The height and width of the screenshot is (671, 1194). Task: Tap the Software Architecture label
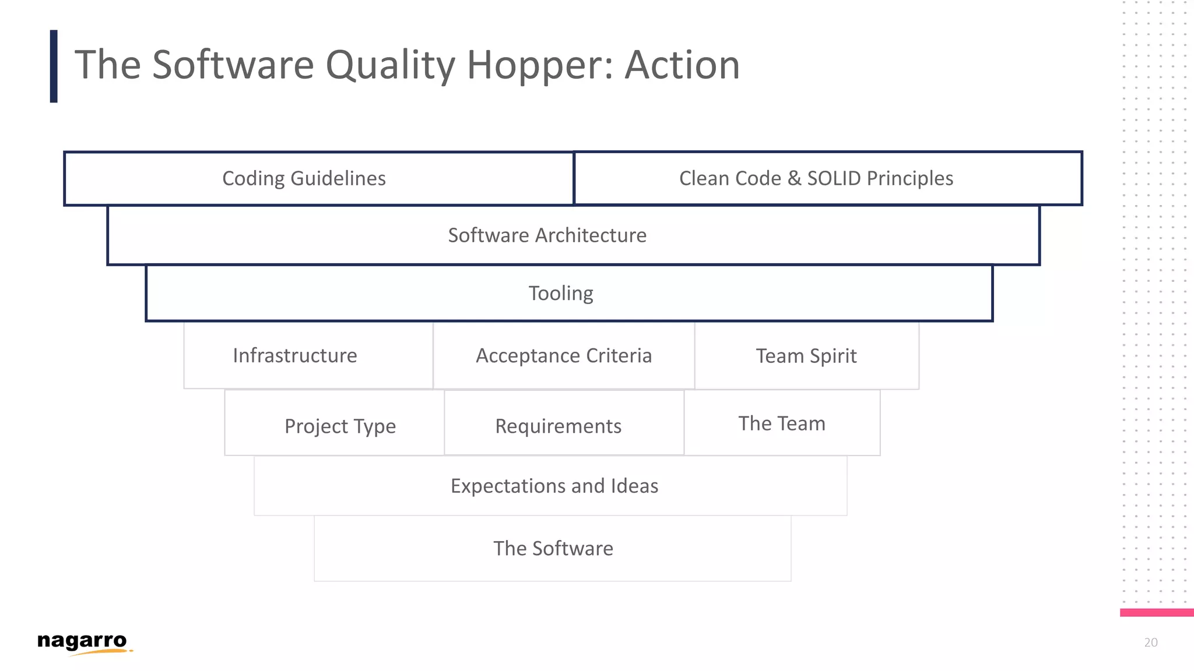(x=547, y=235)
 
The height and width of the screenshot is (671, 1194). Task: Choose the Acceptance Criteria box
(x=564, y=355)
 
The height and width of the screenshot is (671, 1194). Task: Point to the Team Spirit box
(x=806, y=356)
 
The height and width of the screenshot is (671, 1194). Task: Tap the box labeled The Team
(x=782, y=423)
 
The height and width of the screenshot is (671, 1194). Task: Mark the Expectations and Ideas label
(x=554, y=486)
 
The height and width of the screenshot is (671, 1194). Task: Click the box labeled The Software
(x=553, y=548)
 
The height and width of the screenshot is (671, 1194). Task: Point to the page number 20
(x=1150, y=642)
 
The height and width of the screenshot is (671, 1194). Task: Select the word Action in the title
(x=682, y=65)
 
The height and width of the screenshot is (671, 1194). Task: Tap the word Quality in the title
(x=390, y=65)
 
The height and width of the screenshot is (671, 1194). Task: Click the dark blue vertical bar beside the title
(x=54, y=66)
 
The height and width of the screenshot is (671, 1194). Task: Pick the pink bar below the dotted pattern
(x=1156, y=612)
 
